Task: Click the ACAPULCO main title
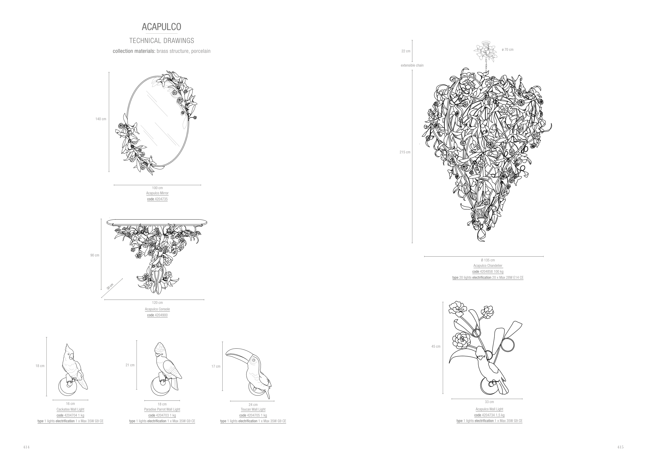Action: pos(161,27)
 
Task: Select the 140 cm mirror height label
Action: pos(101,119)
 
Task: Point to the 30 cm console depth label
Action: pos(110,287)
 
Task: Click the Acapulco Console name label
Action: pos(157,309)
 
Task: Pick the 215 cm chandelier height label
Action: pos(405,152)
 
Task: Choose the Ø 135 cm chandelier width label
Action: pos(488,260)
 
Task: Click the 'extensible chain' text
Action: pos(412,66)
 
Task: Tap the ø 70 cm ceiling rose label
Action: pos(508,50)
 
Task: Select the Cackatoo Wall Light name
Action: pos(70,410)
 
